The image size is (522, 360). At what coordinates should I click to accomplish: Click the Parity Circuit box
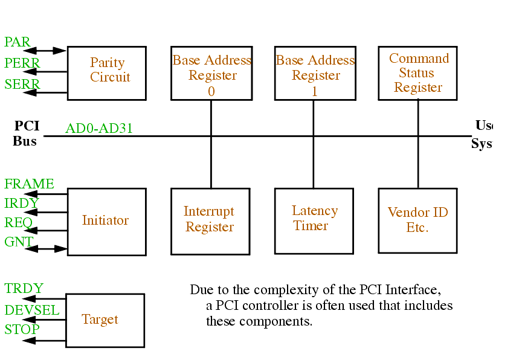point(106,72)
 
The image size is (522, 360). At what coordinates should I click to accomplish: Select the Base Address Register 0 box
point(210,73)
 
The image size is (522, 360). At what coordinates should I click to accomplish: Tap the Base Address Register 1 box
point(314,73)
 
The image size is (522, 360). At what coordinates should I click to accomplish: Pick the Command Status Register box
point(417,72)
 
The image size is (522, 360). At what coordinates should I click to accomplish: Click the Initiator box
point(106,221)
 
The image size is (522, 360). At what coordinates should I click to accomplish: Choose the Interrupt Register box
point(210,221)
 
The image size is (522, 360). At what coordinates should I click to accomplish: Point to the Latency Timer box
point(314,220)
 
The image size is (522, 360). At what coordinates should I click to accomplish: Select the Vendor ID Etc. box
point(417,220)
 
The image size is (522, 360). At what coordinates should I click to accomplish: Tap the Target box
point(105,320)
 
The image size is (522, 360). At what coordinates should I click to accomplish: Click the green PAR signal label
point(17,42)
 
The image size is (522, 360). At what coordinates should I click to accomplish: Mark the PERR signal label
point(22,63)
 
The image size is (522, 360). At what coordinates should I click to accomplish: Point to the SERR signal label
point(22,85)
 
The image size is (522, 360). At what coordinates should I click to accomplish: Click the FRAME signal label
point(29,184)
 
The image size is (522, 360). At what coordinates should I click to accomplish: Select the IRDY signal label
point(21,204)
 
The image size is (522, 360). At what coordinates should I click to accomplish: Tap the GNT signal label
point(19,242)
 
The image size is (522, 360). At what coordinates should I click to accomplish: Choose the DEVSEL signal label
point(32,310)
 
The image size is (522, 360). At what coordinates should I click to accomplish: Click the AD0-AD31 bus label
point(99,128)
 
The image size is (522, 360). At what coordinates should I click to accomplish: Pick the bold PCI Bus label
point(26,133)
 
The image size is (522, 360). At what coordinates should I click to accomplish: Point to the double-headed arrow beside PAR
point(51,51)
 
